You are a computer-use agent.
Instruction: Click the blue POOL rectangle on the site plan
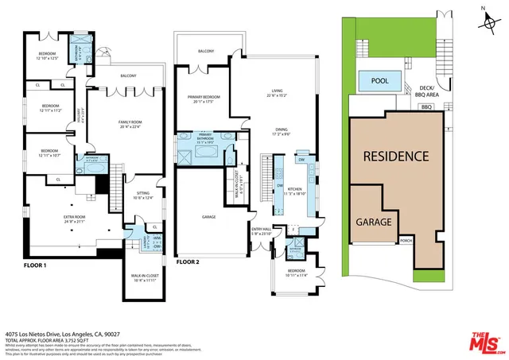pos(379,80)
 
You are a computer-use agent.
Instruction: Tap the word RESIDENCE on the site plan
pos(397,156)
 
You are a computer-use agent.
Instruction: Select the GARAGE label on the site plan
pos(373,222)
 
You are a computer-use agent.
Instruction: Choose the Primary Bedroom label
pos(203,99)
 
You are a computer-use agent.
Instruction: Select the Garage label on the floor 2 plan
pos(209,216)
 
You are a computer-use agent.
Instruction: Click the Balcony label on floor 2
pos(208,52)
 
